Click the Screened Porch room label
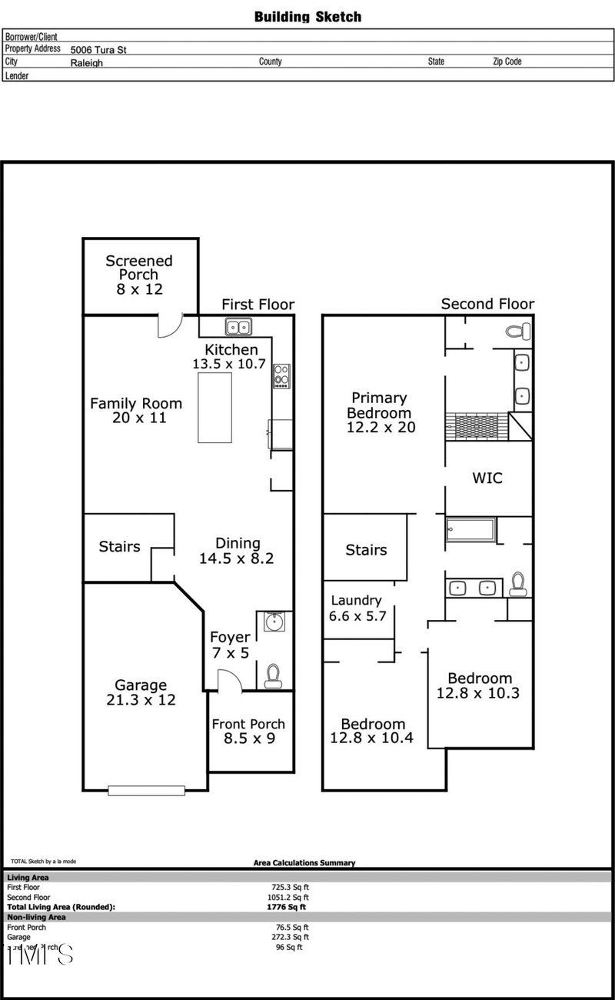click(x=139, y=275)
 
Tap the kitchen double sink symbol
click(x=238, y=327)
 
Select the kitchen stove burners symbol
click(x=281, y=375)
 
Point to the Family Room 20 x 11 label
click(x=136, y=410)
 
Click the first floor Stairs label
click(x=120, y=547)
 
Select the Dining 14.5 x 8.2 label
click(x=238, y=551)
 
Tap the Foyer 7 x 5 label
click(x=230, y=645)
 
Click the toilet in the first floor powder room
click(x=272, y=675)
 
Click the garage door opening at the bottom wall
click(x=146, y=789)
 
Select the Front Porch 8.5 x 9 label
click(x=248, y=731)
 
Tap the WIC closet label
click(x=487, y=478)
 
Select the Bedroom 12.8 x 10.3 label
click(x=480, y=685)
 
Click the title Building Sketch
click(x=307, y=16)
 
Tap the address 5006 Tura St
click(x=98, y=49)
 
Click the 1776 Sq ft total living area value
click(x=287, y=907)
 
